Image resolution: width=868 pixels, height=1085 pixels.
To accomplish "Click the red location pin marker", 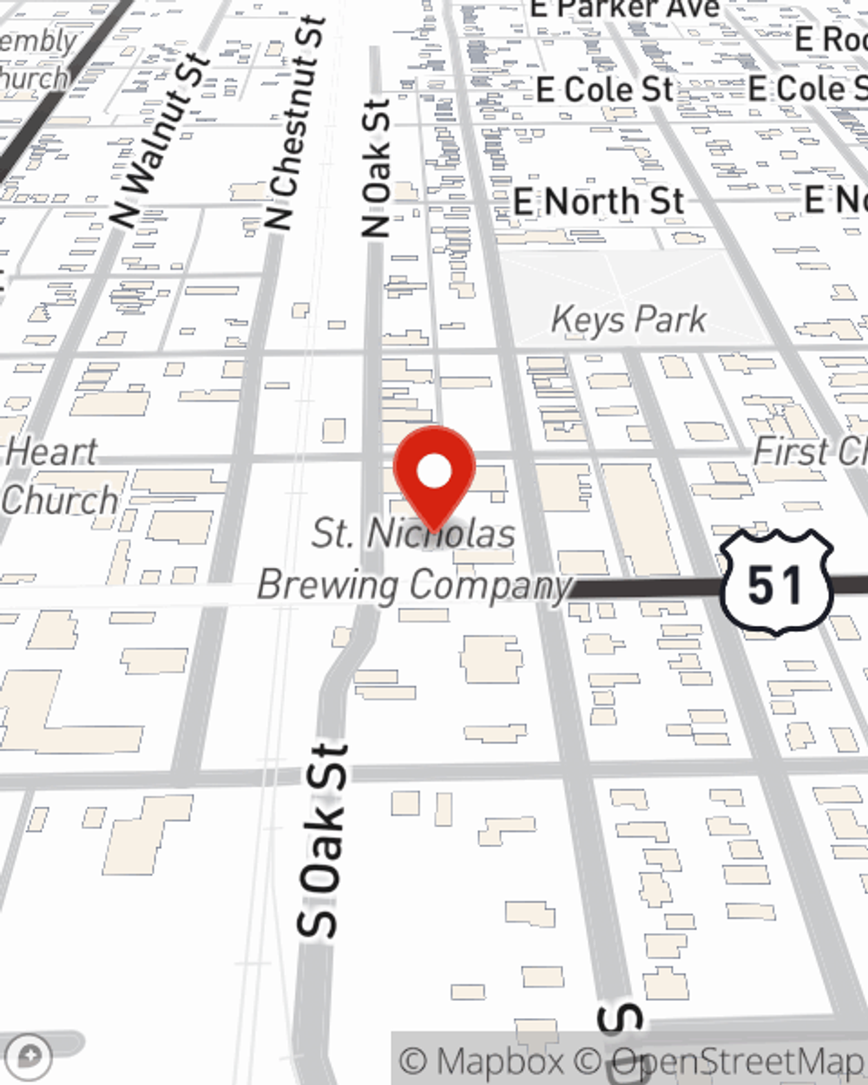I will coord(434,478).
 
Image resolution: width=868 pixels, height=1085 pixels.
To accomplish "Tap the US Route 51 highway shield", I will coord(776,583).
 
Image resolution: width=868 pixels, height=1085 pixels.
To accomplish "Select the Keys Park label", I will coord(628,319).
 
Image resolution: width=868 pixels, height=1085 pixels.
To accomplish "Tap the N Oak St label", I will coord(376,168).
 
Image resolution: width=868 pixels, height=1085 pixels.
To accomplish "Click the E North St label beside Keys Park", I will coord(599,202).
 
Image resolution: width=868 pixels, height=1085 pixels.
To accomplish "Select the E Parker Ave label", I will coord(625,9).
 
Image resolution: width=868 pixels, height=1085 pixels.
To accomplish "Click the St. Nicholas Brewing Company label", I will coord(414,559).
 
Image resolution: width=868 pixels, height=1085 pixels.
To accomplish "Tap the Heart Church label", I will coord(57,477).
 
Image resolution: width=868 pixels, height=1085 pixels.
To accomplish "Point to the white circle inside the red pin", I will coord(434,471).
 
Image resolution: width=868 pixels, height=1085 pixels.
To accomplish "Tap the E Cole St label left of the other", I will coord(604,89).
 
